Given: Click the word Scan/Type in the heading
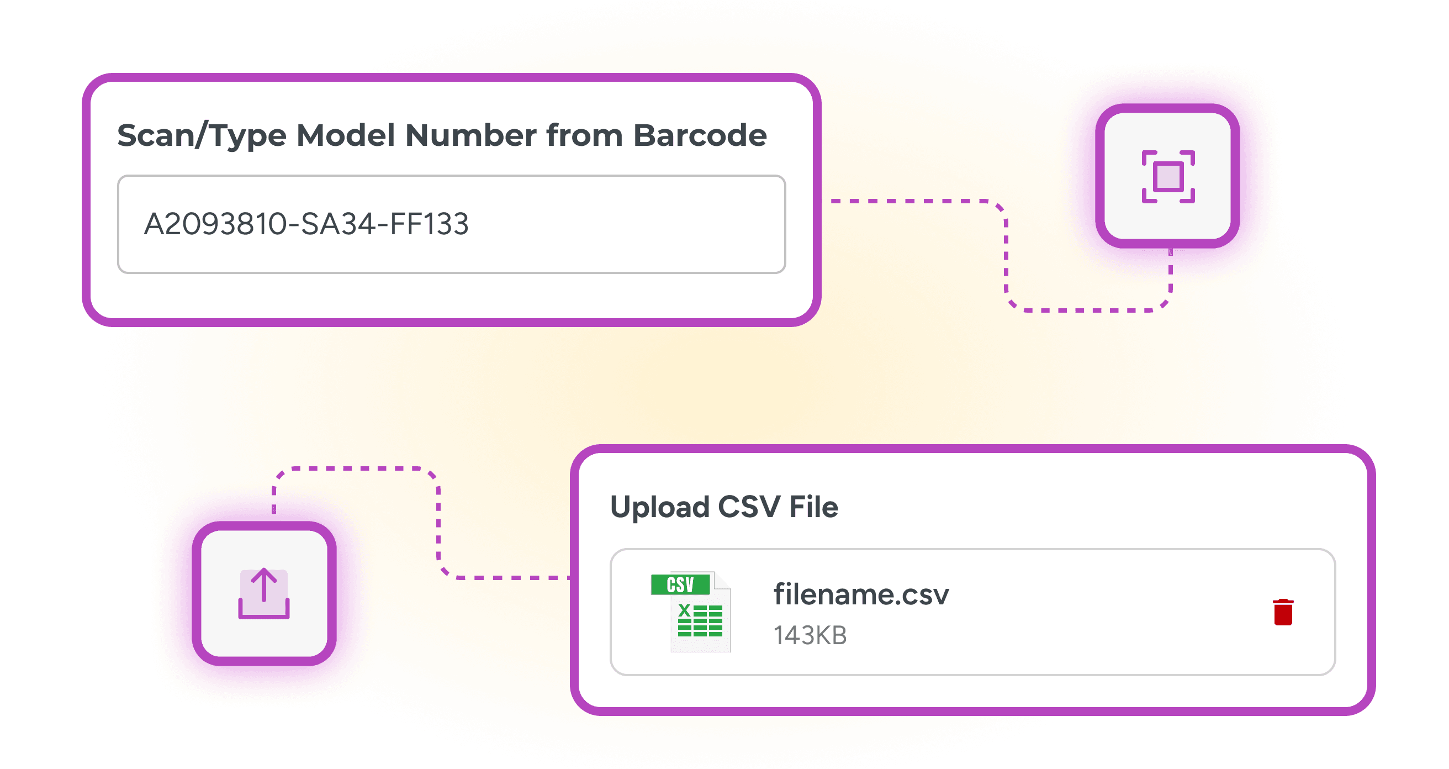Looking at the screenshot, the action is point(202,135).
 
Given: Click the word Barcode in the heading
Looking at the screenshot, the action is point(700,135).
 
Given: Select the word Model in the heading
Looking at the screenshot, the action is point(345,135).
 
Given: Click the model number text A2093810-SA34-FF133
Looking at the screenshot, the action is point(306,224).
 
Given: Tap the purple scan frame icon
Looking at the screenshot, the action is point(1168,177).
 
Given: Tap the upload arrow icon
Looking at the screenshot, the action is point(264,594).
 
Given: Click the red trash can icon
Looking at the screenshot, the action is point(1283,612).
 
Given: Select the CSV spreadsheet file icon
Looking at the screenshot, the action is point(691,612).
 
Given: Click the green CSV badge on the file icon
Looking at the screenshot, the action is point(680,584).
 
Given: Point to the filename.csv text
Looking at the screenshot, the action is point(861,594).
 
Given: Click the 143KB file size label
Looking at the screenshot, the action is point(810,635).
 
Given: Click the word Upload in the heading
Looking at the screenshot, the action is point(660,507).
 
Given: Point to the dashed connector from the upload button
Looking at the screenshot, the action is point(439,523).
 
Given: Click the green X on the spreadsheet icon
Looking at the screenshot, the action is point(685,610).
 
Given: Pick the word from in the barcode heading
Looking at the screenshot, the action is point(584,135).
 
